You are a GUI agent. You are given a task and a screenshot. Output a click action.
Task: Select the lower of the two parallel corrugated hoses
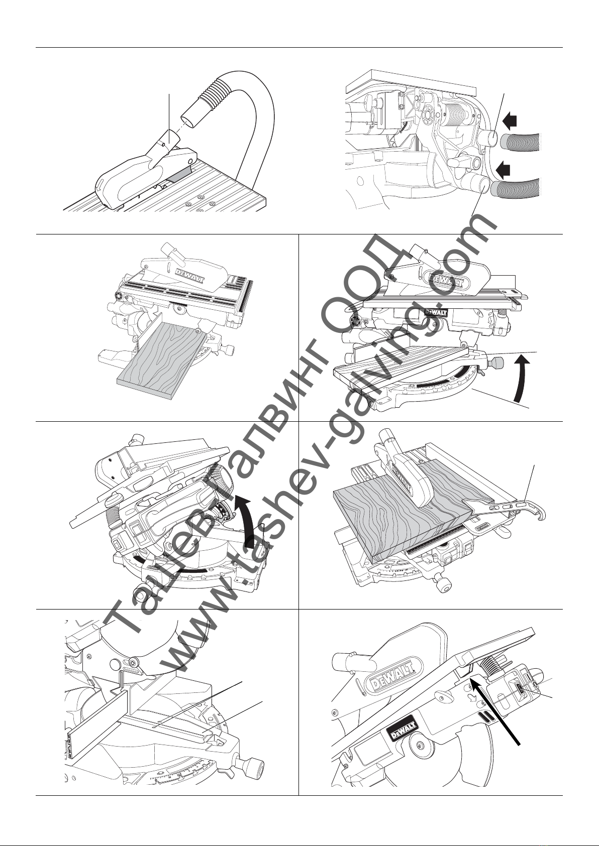(x=518, y=189)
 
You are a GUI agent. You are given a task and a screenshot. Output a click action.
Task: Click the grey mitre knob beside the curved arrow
(x=498, y=362)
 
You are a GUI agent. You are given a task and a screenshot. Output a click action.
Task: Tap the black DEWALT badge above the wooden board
(x=433, y=312)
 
